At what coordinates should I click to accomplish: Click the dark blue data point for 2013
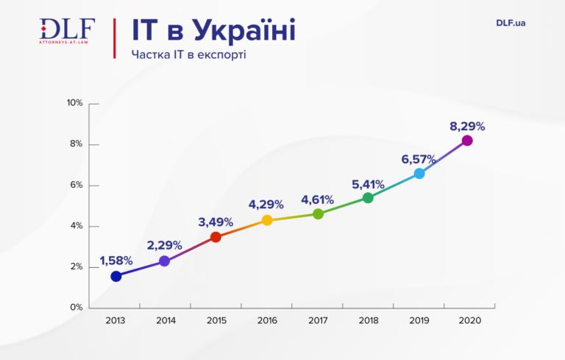[116, 276]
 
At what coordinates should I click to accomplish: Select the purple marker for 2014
[164, 261]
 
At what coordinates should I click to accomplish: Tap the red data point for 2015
[216, 236]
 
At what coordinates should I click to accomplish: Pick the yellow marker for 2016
[267, 220]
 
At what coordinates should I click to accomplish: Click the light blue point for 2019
[419, 173]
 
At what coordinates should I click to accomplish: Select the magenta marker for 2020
[466, 140]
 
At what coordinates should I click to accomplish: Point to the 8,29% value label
[467, 126]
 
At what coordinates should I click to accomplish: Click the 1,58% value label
[116, 261]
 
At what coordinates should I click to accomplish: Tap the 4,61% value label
[317, 200]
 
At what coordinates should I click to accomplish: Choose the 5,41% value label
[368, 183]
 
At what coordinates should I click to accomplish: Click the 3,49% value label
[216, 222]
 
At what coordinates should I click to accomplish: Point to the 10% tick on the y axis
[75, 103]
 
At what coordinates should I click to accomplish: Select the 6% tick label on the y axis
[77, 185]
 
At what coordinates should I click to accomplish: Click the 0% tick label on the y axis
[77, 308]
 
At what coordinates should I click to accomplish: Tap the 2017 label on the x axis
[318, 321]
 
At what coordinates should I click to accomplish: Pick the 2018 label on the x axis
[368, 321]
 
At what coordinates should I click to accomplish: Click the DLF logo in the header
[67, 32]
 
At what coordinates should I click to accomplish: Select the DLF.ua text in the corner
[511, 23]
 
